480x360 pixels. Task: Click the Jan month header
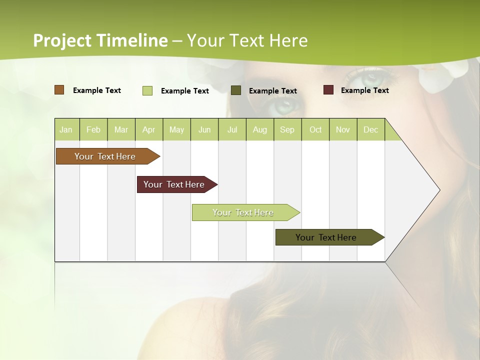click(x=66, y=130)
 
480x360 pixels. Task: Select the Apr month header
click(x=148, y=130)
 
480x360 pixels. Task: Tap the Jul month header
click(x=232, y=130)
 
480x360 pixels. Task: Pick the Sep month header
click(x=287, y=130)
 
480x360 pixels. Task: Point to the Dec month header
click(x=370, y=130)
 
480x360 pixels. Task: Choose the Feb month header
click(x=93, y=130)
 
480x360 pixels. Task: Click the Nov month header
click(x=342, y=130)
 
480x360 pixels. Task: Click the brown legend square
click(x=59, y=90)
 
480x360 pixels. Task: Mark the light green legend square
click(x=147, y=90)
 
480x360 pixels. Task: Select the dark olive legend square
click(x=236, y=90)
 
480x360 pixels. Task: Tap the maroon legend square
click(x=328, y=90)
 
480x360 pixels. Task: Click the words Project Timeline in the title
click(x=100, y=40)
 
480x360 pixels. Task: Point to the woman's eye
click(x=285, y=105)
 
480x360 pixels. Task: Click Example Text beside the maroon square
click(x=364, y=90)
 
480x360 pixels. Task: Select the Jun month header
click(x=204, y=130)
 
